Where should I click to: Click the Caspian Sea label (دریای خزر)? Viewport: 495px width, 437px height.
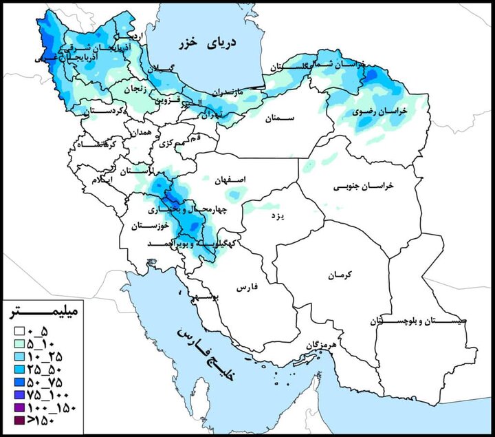coord(213,43)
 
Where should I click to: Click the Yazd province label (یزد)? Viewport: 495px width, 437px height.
coord(277,216)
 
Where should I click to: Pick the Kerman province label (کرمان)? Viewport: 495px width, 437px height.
coord(340,275)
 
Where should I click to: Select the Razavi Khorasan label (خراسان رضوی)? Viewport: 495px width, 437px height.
coord(380,111)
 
